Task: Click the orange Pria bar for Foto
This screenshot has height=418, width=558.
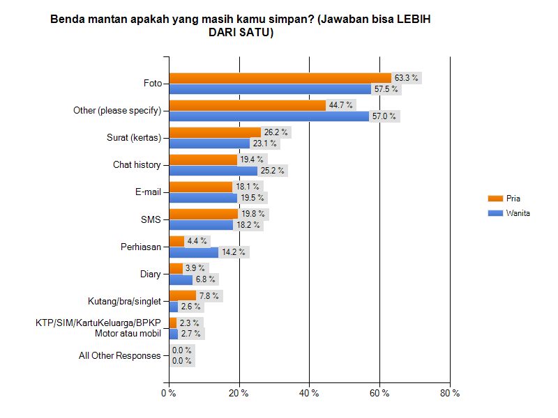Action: [x=280, y=78]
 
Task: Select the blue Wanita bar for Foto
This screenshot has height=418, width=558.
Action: [x=270, y=89]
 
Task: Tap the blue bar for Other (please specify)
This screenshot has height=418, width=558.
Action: [x=269, y=116]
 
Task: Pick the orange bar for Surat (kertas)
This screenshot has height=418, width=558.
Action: [x=215, y=132]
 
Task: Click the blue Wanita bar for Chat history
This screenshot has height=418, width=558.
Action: [x=213, y=171]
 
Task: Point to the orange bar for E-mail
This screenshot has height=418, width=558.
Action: [x=200, y=187]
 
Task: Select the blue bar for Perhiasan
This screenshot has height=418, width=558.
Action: [x=193, y=252]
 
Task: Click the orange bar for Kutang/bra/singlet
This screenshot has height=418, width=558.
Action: [x=182, y=295]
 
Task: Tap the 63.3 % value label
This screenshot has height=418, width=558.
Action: [x=406, y=78]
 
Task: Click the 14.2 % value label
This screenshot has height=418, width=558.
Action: [x=232, y=252]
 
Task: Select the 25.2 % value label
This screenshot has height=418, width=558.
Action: [x=272, y=171]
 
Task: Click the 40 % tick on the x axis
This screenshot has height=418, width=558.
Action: [x=309, y=394]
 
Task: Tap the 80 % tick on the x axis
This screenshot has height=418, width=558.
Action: [x=450, y=394]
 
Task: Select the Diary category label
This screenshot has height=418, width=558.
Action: [x=151, y=274]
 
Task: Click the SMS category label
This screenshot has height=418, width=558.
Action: [x=151, y=219]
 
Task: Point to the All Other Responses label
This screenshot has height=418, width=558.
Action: [x=120, y=355]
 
